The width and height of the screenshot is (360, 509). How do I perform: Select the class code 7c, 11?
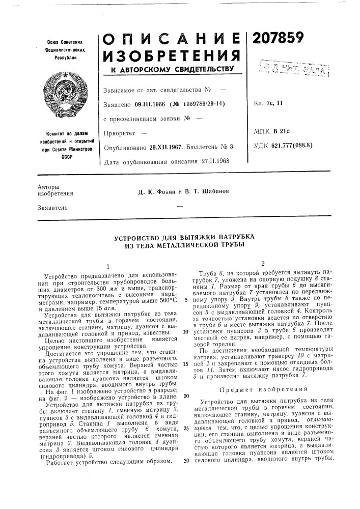[278, 105]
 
